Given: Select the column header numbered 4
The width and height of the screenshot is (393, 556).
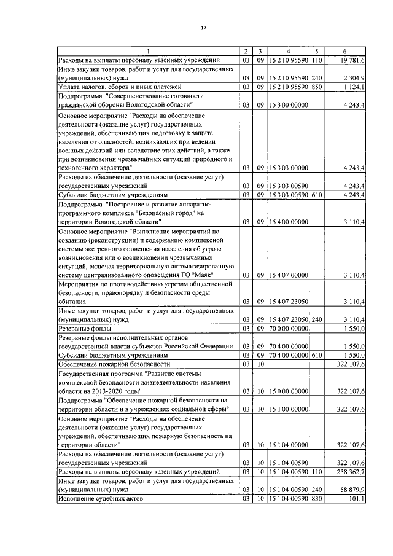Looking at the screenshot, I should pos(288,51).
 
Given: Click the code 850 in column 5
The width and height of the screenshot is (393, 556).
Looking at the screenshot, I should pos(317,87).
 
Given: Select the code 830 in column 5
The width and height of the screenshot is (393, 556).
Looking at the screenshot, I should pos(317,499).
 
